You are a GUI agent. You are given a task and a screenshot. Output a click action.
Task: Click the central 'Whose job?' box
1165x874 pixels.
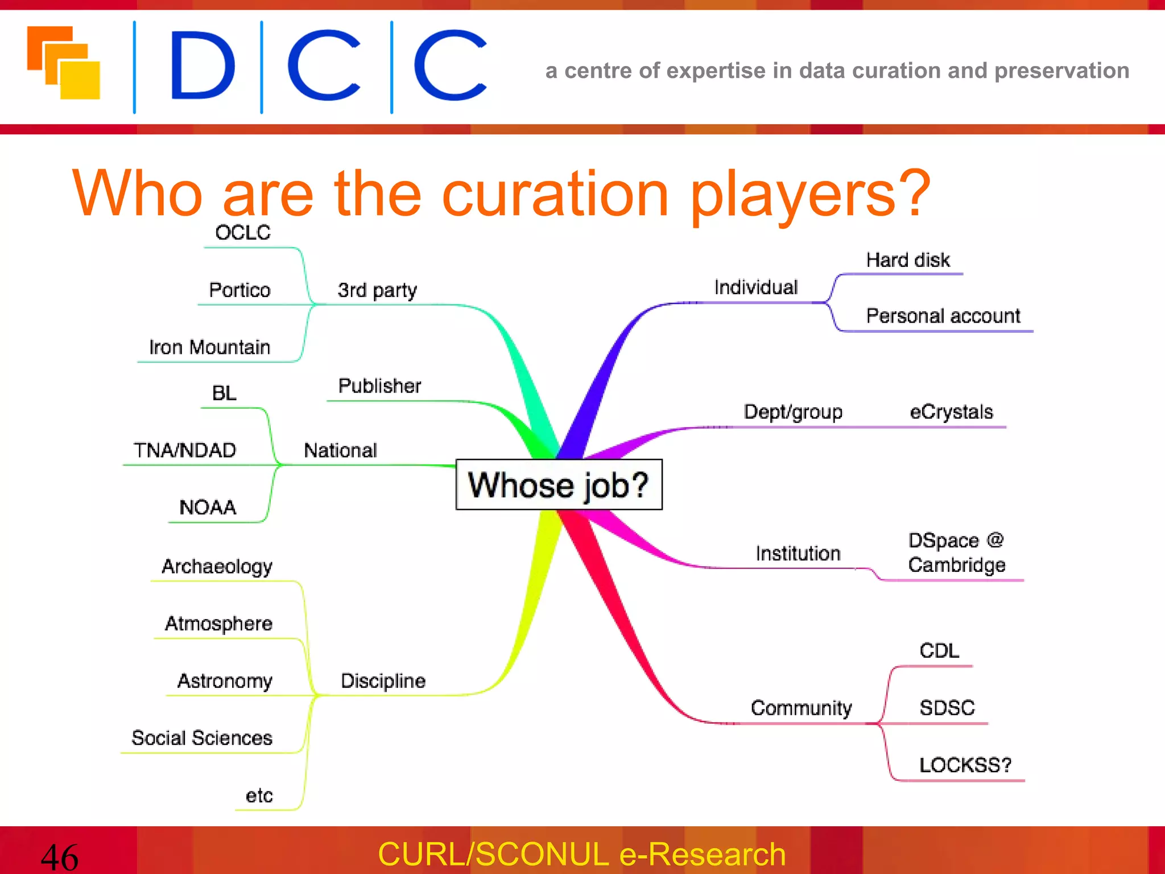point(559,484)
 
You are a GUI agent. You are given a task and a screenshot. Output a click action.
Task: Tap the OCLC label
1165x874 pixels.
point(242,233)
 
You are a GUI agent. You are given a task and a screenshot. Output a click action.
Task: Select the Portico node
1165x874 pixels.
point(239,290)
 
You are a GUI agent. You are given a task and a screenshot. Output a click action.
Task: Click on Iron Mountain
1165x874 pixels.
point(209,347)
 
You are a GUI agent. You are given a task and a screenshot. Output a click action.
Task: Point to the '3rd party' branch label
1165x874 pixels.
point(377,290)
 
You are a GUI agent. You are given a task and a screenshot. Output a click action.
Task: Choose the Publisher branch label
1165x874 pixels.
point(379,386)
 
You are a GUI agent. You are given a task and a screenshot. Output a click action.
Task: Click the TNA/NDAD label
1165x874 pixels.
point(185,450)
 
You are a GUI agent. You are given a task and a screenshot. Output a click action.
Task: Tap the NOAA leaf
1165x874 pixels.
point(208,507)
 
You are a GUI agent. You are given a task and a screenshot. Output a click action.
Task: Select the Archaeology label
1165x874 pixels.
point(217,566)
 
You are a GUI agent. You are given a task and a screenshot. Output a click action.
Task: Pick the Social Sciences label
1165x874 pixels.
point(202,738)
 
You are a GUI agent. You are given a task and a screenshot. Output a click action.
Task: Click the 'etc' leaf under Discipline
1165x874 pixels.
point(259,795)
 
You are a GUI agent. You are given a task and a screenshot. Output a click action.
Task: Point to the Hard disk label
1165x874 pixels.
point(908,260)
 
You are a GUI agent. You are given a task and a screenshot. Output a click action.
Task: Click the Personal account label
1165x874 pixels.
point(943,316)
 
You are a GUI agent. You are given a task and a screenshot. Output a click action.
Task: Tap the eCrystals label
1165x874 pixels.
point(951,411)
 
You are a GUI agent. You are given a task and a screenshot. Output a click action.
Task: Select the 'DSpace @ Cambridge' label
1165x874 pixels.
point(956,553)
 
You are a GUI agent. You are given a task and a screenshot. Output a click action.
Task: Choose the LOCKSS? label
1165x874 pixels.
point(965,765)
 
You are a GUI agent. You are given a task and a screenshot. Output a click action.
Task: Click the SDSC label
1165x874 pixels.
point(947,708)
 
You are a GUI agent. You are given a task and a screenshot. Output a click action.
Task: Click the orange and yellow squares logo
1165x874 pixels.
point(64,63)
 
